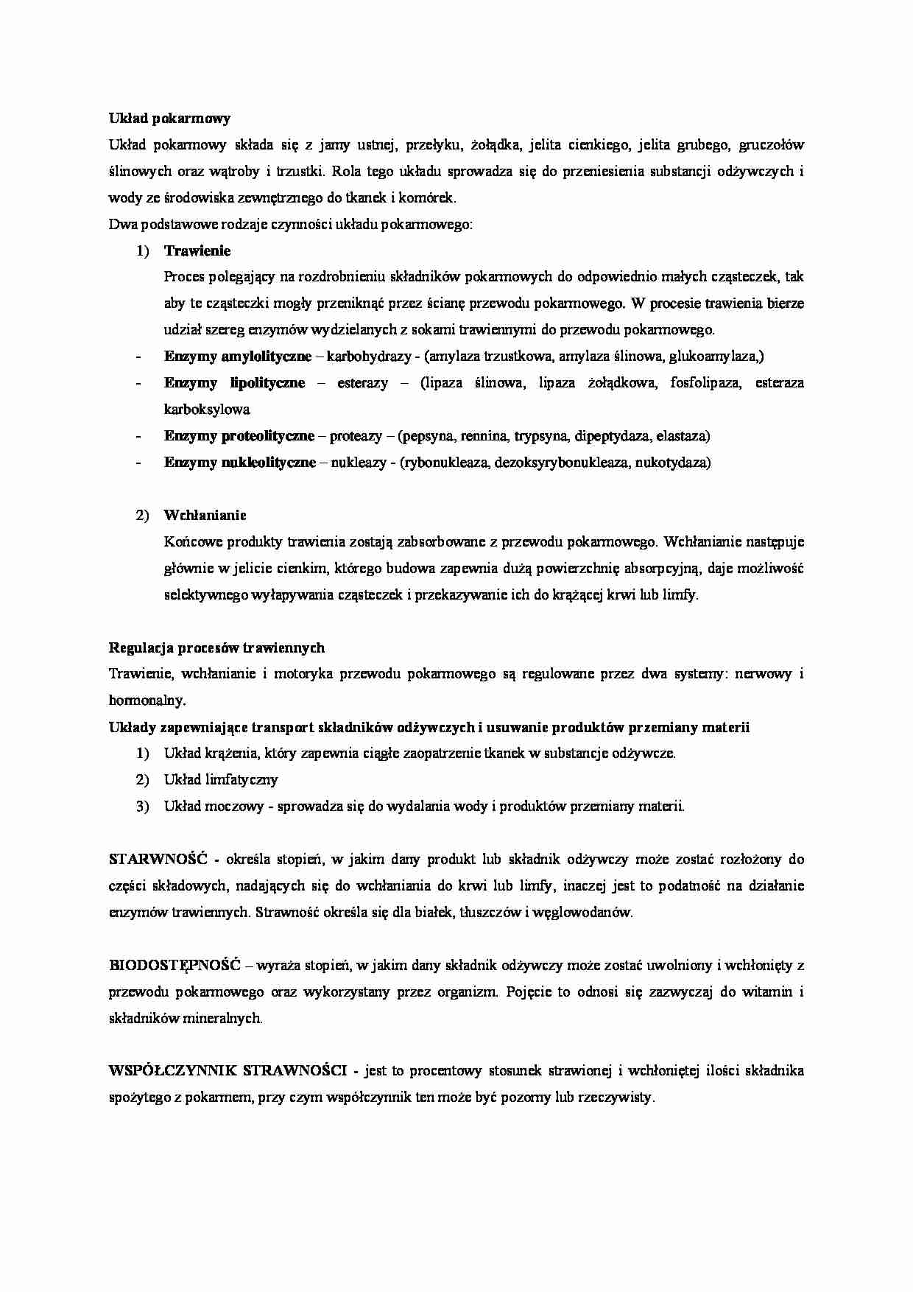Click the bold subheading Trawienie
(197, 250)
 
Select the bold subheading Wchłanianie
(205, 515)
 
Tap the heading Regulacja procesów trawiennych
(216, 647)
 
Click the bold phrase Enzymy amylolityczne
(237, 357)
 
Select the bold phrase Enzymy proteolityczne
(239, 436)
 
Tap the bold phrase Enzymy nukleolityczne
(239, 463)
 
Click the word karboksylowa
(207, 410)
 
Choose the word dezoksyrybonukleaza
(562, 463)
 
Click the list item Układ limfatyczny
(221, 779)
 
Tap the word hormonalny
(147, 701)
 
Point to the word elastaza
(683, 436)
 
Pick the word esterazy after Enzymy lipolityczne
(362, 383)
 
